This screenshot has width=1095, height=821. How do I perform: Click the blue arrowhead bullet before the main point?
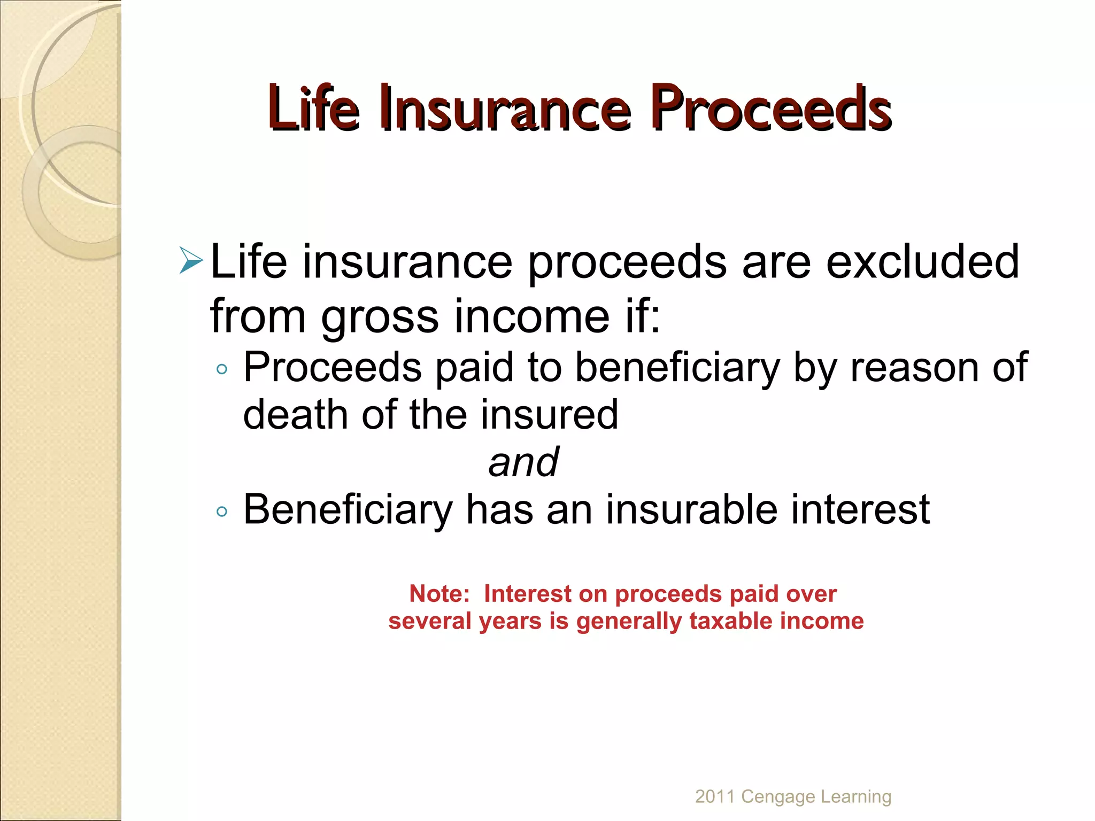[x=191, y=260]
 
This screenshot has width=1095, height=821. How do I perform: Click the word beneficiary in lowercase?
[x=677, y=368]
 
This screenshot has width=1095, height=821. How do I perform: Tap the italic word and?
[x=523, y=462]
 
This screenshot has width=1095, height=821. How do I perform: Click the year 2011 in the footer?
[x=714, y=796]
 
